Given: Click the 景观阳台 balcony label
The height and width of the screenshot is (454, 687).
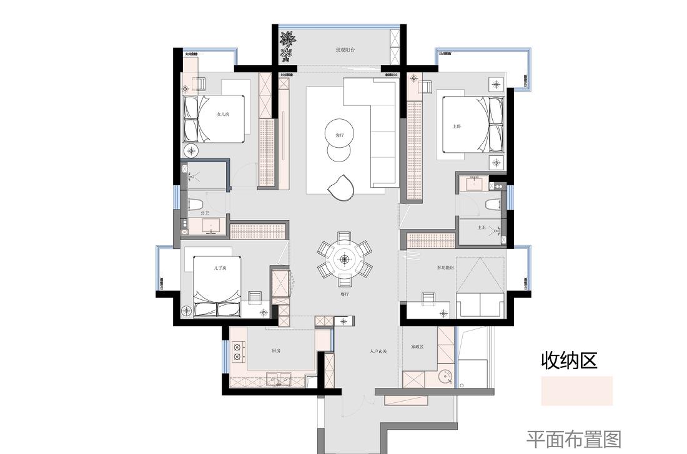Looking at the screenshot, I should pyautogui.click(x=345, y=50).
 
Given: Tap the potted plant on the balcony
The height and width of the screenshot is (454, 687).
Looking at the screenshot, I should pyautogui.click(x=287, y=46).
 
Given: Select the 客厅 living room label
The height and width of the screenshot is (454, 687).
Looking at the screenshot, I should pyautogui.click(x=340, y=135).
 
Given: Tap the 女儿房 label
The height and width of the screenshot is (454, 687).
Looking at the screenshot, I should pyautogui.click(x=222, y=114).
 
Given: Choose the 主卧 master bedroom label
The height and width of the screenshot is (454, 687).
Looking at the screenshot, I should pyautogui.click(x=457, y=126).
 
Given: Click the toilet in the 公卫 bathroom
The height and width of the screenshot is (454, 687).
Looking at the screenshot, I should pyautogui.click(x=196, y=204).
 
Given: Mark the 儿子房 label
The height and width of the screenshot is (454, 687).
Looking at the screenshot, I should pyautogui.click(x=219, y=268).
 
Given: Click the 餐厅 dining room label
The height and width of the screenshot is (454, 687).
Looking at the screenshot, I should pyautogui.click(x=344, y=293).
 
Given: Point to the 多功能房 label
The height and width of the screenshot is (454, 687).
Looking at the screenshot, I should pyautogui.click(x=445, y=268).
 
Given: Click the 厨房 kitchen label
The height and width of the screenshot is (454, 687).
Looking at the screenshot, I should pyautogui.click(x=276, y=351).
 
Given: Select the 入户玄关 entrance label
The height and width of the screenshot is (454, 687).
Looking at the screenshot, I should pyautogui.click(x=378, y=352).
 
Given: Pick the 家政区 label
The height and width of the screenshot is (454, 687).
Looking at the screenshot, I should pyautogui.click(x=417, y=347).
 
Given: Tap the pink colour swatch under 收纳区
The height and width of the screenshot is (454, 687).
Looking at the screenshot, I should pyautogui.click(x=576, y=391).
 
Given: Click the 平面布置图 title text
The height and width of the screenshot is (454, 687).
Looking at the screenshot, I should pyautogui.click(x=573, y=440).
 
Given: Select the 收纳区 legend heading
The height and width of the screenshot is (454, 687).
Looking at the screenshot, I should pyautogui.click(x=569, y=360).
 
